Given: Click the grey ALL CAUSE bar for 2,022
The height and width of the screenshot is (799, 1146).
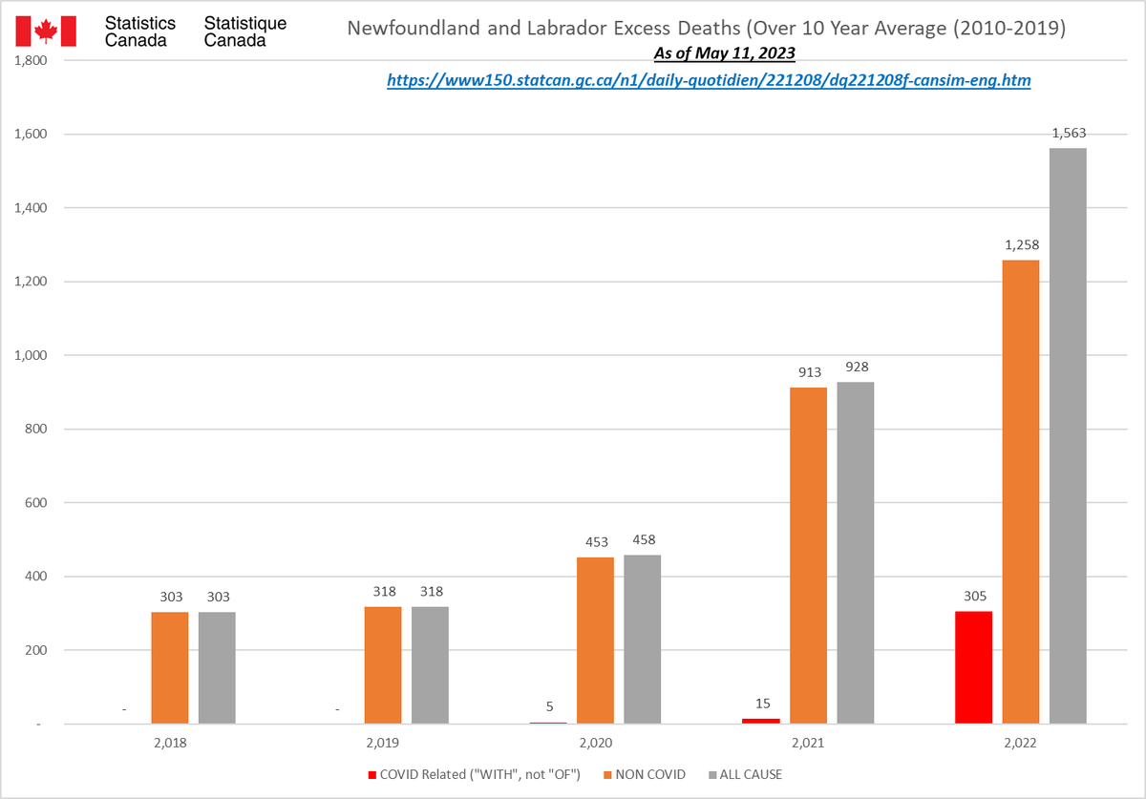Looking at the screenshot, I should click(x=1068, y=436).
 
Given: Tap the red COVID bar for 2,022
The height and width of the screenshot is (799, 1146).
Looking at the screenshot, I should click(x=973, y=667).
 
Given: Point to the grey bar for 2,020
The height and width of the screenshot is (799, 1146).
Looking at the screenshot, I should click(x=643, y=640).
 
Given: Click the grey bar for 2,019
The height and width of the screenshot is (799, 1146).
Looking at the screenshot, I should click(x=430, y=665).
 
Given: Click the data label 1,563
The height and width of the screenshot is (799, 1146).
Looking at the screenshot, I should click(x=1069, y=134).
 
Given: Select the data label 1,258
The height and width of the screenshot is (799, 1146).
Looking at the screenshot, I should click(x=1021, y=246).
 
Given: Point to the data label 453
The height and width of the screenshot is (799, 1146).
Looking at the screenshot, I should click(x=595, y=543).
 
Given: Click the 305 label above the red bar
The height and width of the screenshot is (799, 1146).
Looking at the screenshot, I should click(x=973, y=598).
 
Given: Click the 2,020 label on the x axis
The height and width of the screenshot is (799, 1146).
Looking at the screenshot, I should click(x=595, y=742).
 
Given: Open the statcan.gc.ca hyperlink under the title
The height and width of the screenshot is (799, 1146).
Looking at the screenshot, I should click(x=709, y=81).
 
